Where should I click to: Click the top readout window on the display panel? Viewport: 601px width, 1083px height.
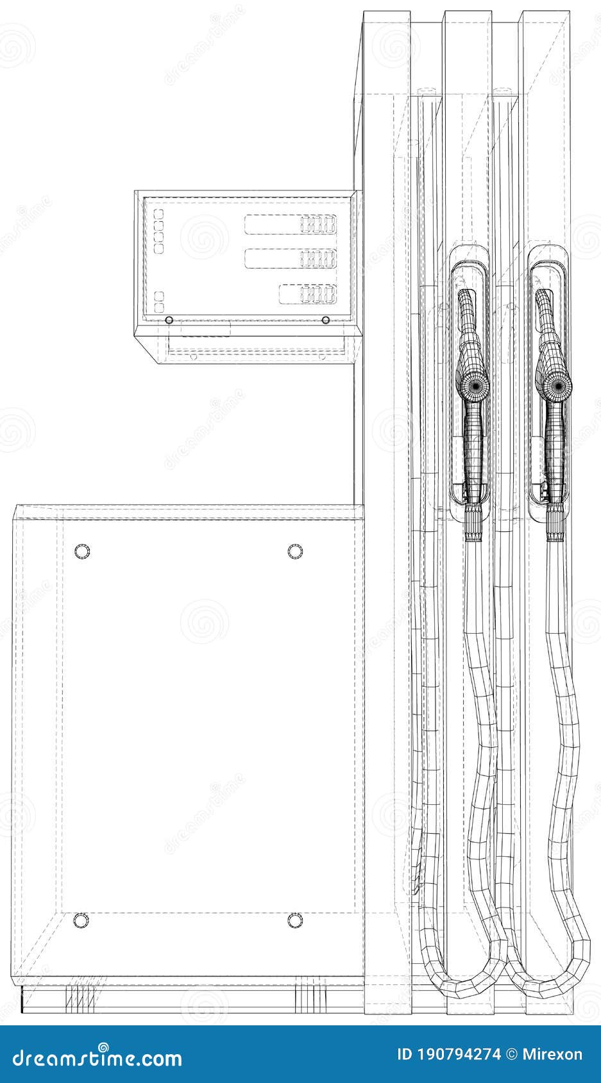point(291,224)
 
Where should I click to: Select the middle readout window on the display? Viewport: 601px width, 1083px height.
point(291,258)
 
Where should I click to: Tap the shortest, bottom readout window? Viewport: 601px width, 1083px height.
point(308,293)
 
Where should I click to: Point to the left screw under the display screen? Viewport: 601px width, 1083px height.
point(169,320)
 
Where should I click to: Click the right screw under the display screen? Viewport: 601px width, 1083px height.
point(326,320)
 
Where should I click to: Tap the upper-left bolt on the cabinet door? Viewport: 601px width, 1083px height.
point(82,551)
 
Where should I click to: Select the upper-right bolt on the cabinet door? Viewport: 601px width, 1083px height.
point(295,551)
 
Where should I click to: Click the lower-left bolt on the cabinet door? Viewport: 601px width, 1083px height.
point(82,921)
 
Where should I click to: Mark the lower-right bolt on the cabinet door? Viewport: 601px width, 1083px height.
point(295,921)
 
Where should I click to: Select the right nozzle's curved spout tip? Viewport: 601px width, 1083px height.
point(544,298)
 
